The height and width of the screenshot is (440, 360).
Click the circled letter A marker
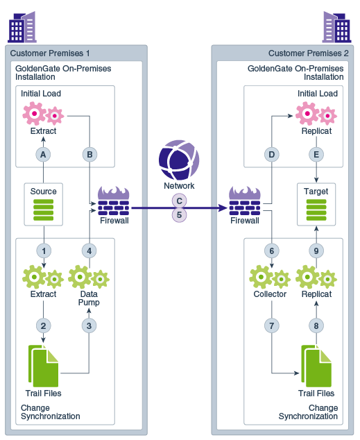click(x=43, y=155)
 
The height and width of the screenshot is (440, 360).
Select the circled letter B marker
click(x=89, y=155)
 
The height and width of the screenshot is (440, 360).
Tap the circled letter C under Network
click(x=179, y=201)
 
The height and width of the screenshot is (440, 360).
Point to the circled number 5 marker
click(x=179, y=215)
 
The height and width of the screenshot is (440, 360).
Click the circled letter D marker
click(x=271, y=155)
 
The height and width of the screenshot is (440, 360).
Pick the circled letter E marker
click(x=317, y=155)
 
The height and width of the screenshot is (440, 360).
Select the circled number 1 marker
click(x=43, y=250)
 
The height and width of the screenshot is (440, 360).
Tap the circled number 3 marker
click(x=89, y=324)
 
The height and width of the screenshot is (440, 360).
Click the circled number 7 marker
click(x=271, y=324)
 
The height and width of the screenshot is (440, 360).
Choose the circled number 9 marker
click(x=317, y=250)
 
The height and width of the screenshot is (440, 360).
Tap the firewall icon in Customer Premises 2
click(x=244, y=201)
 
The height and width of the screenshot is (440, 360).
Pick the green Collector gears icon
click(x=270, y=278)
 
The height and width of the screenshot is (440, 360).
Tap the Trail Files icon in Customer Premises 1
click(x=43, y=366)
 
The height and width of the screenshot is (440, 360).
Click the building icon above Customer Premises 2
click(x=338, y=27)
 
